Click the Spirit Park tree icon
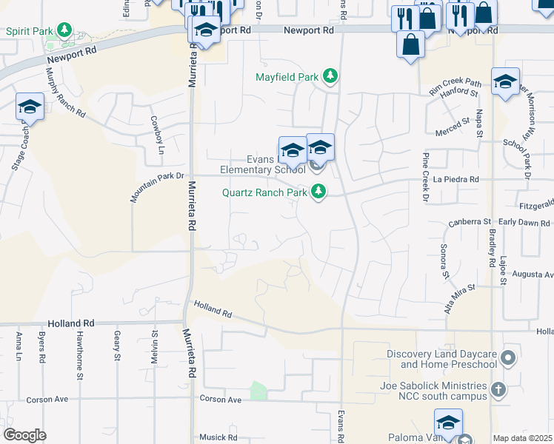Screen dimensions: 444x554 coord(66,30)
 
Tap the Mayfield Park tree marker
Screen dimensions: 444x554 coord(330,76)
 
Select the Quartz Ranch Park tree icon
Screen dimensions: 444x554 coord(319,192)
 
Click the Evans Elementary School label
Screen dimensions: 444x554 coord(263,164)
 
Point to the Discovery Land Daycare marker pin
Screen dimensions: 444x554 coord(507,360)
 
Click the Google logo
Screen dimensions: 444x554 coord(24,434)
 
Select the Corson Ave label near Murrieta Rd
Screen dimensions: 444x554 coord(221,399)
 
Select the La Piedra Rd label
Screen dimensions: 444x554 coord(456,179)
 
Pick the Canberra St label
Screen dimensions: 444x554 coord(470,222)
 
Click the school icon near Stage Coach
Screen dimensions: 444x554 coord(30,108)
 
